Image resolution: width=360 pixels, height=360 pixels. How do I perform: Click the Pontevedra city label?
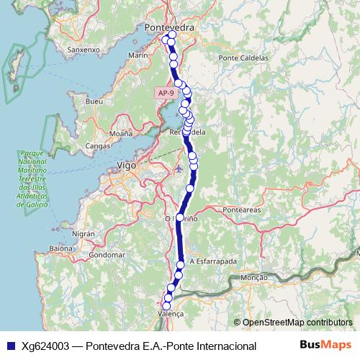[170, 27]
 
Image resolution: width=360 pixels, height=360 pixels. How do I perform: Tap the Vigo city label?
[127, 166]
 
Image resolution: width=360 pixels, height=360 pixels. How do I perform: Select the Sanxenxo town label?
[81, 50]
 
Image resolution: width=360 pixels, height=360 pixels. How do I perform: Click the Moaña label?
[120, 134]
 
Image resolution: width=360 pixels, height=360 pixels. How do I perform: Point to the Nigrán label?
[84, 234]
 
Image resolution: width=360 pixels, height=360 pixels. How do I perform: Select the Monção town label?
[253, 277]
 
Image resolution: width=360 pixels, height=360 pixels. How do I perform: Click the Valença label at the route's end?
[171, 315]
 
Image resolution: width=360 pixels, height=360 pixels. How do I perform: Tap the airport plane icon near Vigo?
[179, 170]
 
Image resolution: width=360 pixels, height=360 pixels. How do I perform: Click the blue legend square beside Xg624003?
[9, 346]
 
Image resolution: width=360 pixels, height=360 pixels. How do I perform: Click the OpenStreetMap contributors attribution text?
[297, 322]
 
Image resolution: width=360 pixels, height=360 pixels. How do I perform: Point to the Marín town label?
[137, 55]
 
